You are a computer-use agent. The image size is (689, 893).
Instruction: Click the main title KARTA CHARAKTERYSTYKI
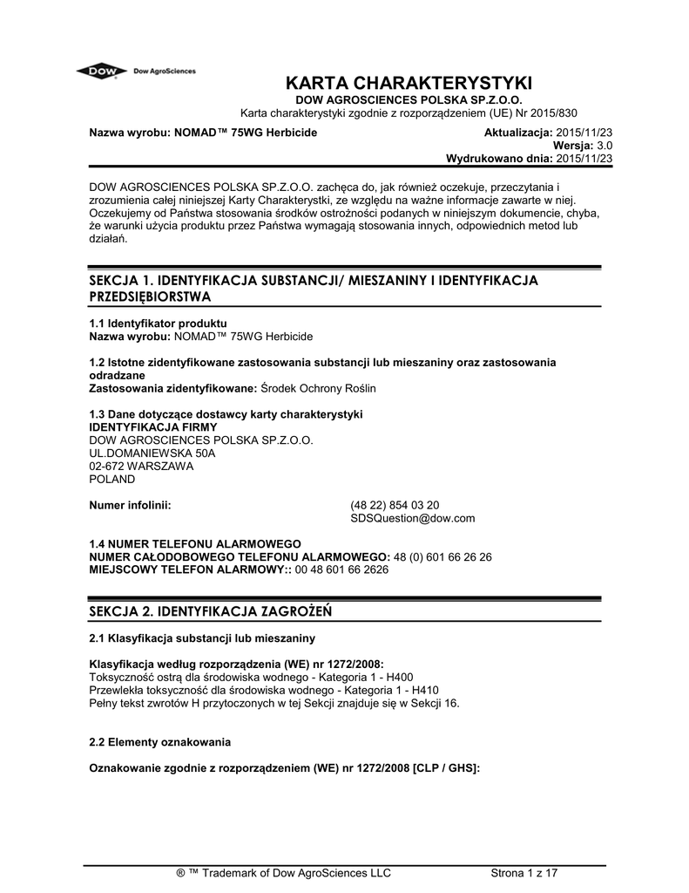[409, 84]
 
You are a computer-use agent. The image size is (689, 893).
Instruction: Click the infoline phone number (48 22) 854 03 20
[395, 505]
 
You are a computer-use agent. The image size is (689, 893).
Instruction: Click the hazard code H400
[400, 677]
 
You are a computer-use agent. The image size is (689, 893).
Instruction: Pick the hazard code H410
[421, 690]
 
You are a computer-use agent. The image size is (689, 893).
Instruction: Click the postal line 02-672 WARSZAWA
[142, 467]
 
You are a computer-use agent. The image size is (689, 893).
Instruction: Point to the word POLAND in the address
[113, 479]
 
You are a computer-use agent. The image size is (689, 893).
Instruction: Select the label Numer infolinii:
[131, 505]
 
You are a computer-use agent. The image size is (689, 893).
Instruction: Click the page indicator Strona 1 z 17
[524, 873]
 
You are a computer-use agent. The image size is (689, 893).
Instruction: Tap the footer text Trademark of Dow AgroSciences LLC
[296, 873]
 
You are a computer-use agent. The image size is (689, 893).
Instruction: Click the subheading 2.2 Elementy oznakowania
[160, 742]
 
